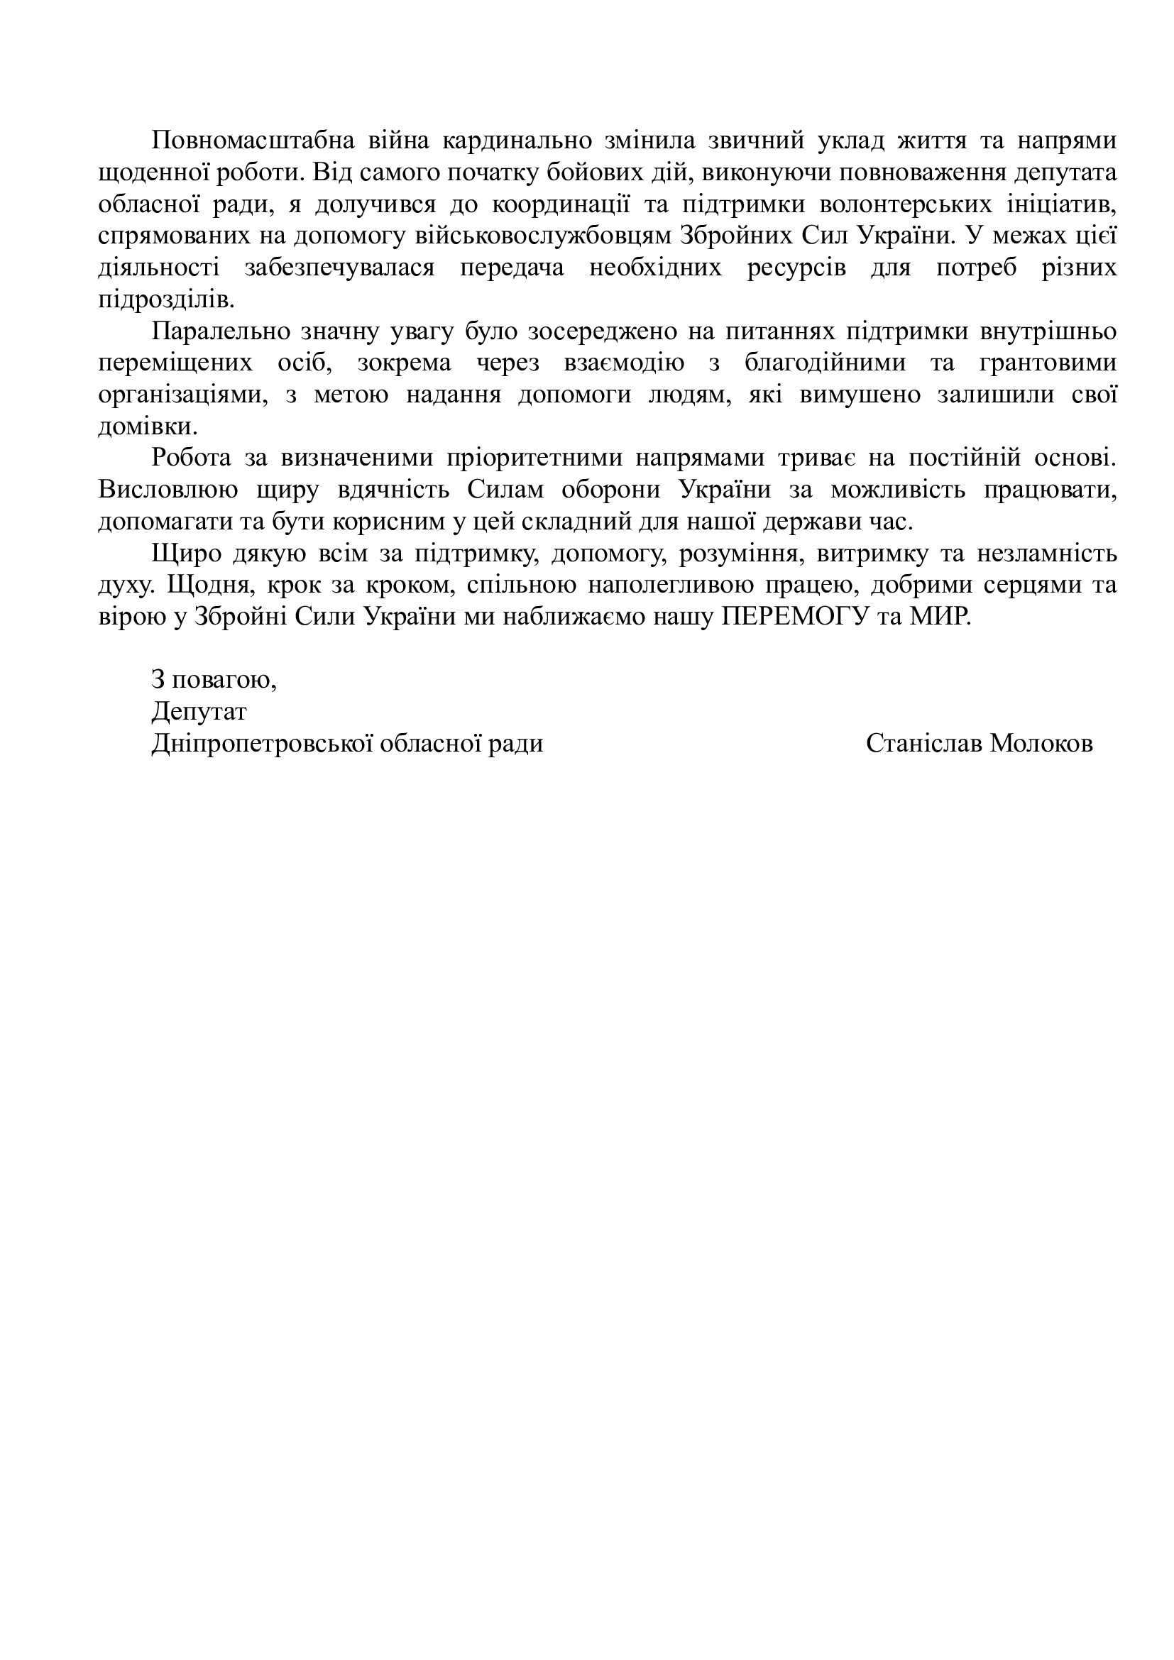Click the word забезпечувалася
(x=340, y=268)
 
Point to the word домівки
(x=147, y=427)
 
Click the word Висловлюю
(x=168, y=490)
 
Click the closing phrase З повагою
(x=214, y=680)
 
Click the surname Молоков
(x=1041, y=743)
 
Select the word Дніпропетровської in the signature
(x=261, y=743)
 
